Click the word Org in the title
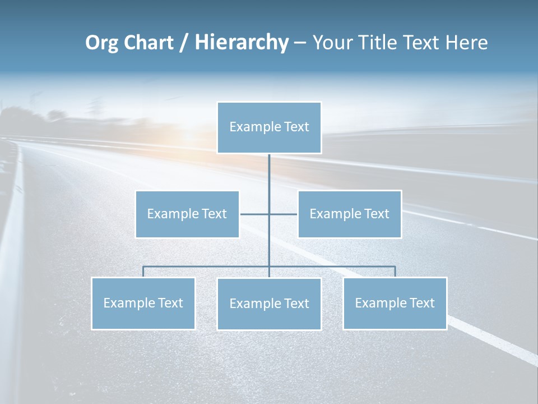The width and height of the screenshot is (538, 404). click(x=101, y=43)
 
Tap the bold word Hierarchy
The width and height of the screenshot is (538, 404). click(x=241, y=43)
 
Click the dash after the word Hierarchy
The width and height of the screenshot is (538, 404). click(x=300, y=43)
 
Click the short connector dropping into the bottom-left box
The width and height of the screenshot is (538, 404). click(x=143, y=272)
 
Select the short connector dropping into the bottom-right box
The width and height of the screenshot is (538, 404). click(x=395, y=272)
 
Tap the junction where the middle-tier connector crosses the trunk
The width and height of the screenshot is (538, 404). click(x=269, y=214)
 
